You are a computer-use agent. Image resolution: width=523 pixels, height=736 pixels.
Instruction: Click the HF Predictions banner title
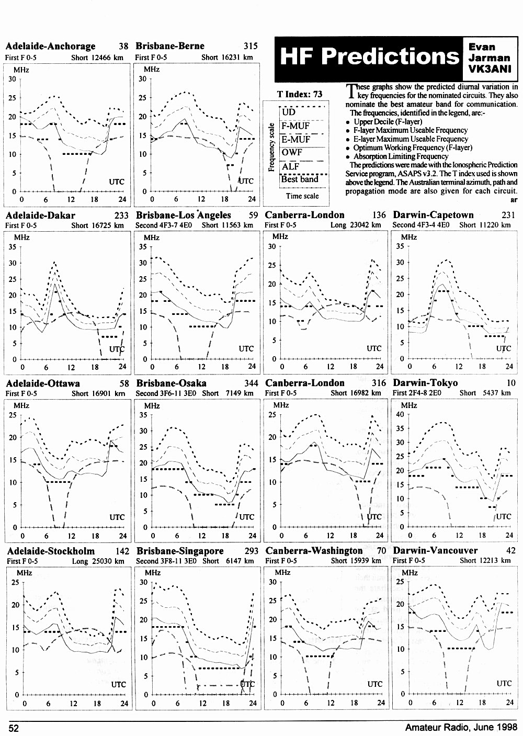click(369, 56)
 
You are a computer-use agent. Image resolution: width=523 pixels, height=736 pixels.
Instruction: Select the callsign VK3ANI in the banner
click(490, 69)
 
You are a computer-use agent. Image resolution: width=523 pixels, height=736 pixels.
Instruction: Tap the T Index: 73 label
click(300, 94)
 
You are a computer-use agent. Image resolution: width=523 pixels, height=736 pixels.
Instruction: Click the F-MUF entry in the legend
click(295, 126)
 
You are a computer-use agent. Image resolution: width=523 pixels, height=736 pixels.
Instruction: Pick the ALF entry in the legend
click(290, 166)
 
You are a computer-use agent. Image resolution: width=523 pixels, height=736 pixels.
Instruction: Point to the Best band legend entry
click(300, 179)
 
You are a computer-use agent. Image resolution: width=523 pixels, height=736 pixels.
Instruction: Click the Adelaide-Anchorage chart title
click(51, 46)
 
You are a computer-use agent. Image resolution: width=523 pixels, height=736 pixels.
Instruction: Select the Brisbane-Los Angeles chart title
click(184, 215)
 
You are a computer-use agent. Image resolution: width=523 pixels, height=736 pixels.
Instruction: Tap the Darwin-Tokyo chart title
click(425, 383)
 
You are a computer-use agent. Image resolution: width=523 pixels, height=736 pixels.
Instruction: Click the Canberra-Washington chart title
click(314, 551)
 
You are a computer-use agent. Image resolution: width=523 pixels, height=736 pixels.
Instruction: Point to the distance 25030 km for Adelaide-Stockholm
click(108, 561)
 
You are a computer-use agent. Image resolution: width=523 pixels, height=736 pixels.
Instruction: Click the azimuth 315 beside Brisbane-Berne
click(251, 46)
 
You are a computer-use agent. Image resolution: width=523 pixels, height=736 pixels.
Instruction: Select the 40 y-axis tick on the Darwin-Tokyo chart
click(400, 415)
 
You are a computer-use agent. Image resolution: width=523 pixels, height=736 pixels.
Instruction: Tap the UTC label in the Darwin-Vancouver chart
click(504, 683)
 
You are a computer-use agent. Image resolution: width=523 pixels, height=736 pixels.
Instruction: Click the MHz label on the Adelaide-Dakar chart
click(21, 237)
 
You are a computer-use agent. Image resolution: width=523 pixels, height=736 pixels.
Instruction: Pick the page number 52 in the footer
click(14, 728)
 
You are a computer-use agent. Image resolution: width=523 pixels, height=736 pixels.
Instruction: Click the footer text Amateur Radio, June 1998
click(461, 728)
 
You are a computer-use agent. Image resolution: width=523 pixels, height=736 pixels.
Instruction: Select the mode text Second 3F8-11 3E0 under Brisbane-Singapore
click(166, 561)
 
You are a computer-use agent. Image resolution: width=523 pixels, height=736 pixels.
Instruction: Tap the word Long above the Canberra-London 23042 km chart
click(338, 225)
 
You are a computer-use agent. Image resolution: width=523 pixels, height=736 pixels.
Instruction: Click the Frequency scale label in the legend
click(271, 147)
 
